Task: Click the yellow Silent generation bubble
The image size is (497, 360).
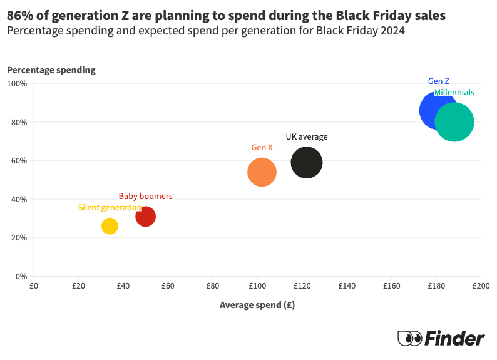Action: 110,226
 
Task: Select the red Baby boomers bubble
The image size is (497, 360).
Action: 145,217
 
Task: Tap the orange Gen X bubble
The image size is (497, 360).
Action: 262,172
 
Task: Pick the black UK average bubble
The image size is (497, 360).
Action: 307,162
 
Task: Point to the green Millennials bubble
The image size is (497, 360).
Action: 454,123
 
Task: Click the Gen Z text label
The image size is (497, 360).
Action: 438,81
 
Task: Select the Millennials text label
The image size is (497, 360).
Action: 454,92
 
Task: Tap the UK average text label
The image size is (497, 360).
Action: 307,136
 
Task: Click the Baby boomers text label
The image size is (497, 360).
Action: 145,196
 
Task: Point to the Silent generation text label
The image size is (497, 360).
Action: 110,207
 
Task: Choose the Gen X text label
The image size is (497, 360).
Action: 262,147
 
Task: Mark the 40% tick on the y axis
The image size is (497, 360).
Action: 19,199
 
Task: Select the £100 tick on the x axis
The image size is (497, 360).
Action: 257,286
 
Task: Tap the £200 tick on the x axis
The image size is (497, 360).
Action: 481,286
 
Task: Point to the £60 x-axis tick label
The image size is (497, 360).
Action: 168,286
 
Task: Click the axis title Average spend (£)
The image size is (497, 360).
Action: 257,306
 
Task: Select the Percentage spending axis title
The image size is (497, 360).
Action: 51,70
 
